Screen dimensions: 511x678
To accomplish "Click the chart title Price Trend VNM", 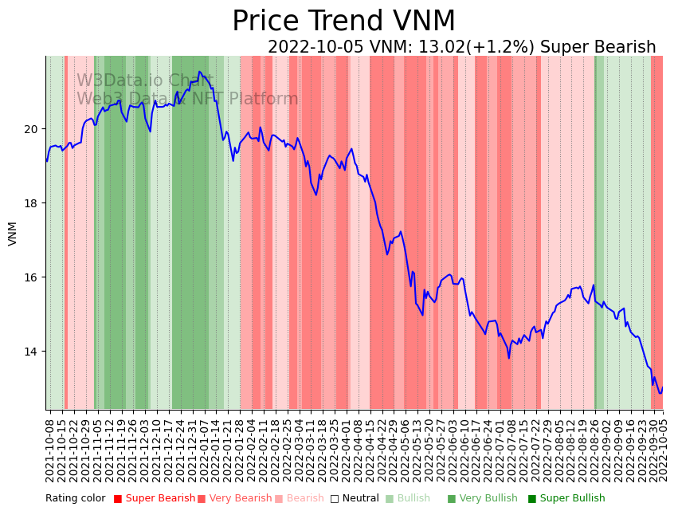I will (x=343, y=22).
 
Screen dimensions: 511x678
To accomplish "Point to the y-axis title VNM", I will (x=13, y=234).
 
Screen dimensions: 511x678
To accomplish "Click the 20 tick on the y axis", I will (x=32, y=129).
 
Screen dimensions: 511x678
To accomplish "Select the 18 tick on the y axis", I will (x=32, y=203).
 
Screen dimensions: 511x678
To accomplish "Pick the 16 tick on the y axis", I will (x=32, y=277).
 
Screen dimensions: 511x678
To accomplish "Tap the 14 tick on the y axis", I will (x=32, y=352).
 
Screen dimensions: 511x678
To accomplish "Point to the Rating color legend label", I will (x=75, y=499).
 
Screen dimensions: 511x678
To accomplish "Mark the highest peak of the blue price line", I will (x=200, y=72).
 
